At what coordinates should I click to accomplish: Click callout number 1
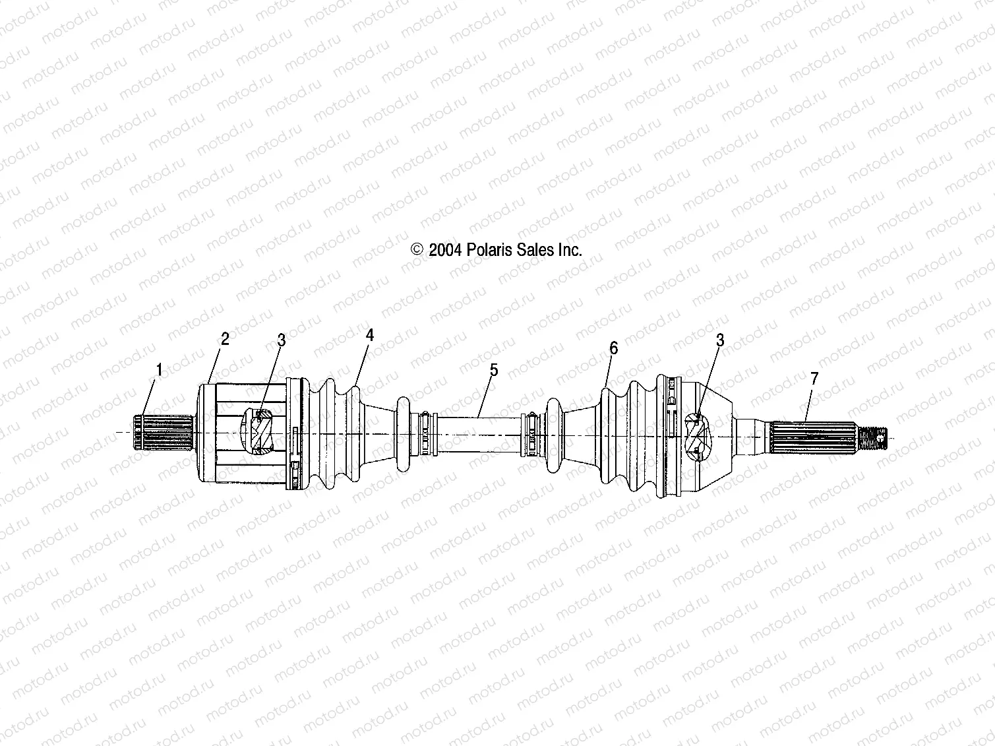click(x=159, y=369)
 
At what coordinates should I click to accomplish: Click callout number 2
click(x=225, y=339)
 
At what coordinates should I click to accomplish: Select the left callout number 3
click(x=282, y=340)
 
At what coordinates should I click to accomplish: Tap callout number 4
click(x=370, y=335)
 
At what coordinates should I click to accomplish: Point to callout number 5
click(x=494, y=370)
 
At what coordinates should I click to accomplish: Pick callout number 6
click(x=614, y=348)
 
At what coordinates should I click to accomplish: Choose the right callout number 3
click(x=720, y=340)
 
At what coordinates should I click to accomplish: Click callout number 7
click(x=814, y=378)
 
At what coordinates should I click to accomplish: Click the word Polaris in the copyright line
click(x=489, y=250)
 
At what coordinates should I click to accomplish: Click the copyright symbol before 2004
click(x=417, y=249)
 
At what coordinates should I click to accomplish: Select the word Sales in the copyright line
click(x=535, y=250)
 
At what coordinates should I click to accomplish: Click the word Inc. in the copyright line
click(x=570, y=250)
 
